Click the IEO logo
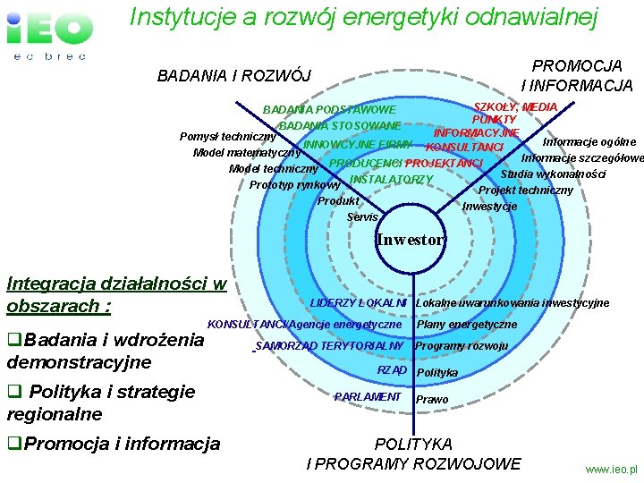pyautogui.click(x=49, y=33)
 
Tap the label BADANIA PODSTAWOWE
pyautogui.click(x=329, y=110)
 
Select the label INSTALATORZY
pyautogui.click(x=391, y=180)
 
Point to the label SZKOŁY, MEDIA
pyautogui.click(x=515, y=107)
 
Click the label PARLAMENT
pyautogui.click(x=368, y=396)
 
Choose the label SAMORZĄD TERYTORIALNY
pyautogui.click(x=330, y=345)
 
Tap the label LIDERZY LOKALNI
pyautogui.click(x=358, y=302)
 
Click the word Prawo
pyautogui.click(x=433, y=399)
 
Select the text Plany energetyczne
pyautogui.click(x=466, y=324)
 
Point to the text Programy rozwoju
pyautogui.click(x=462, y=346)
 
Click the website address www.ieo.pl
pyautogui.click(x=611, y=469)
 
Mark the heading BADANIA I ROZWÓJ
pyautogui.click(x=234, y=75)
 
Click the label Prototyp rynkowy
pyautogui.click(x=294, y=185)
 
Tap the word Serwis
pyautogui.click(x=362, y=217)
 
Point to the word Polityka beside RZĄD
pyautogui.click(x=437, y=372)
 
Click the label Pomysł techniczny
pyautogui.click(x=227, y=137)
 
